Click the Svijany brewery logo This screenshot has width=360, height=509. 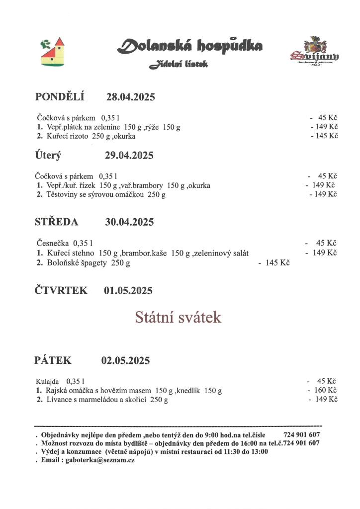coord(314,52)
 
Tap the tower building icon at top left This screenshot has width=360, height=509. coord(52,51)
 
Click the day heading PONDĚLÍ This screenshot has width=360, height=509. coord(60,97)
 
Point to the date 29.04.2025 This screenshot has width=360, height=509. coord(129,156)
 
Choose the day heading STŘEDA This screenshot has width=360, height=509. coord(56,222)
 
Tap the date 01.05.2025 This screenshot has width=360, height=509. coord(128,291)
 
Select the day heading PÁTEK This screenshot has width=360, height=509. coord(53,360)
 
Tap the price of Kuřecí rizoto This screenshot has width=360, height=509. coord(326,136)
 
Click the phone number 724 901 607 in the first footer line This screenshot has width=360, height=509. coord(301,434)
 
